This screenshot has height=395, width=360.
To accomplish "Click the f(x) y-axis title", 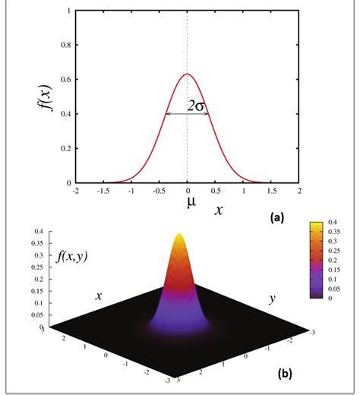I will point(46,98).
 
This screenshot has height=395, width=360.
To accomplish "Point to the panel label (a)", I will point(277,217).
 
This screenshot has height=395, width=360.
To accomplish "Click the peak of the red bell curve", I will point(187,74).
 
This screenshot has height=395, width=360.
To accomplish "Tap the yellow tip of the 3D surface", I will point(180,236).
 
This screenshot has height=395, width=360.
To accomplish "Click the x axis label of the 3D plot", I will point(99,296).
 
